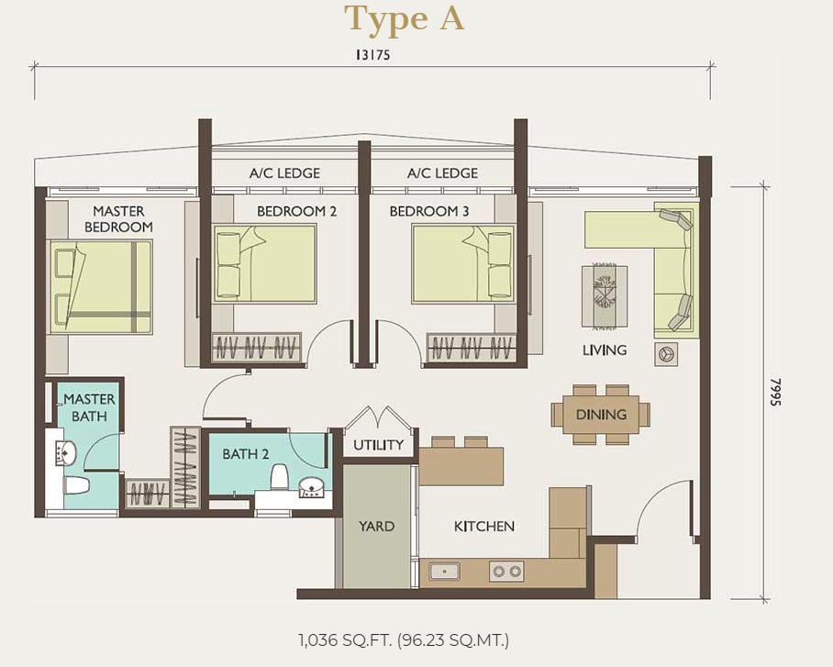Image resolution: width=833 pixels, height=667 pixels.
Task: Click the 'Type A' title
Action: (x=405, y=19)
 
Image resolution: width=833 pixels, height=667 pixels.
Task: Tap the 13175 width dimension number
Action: (x=373, y=55)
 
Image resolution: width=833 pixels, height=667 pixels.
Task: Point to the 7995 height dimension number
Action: (x=776, y=393)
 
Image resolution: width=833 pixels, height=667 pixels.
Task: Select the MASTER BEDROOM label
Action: (x=118, y=219)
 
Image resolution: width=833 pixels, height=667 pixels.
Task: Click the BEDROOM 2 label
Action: (x=296, y=212)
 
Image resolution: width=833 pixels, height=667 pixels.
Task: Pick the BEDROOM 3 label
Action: (x=429, y=212)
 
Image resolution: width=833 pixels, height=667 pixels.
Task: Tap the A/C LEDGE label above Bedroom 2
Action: (x=284, y=173)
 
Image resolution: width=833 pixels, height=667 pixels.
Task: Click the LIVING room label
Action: (x=605, y=350)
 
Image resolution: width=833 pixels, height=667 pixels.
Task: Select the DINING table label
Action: (x=602, y=415)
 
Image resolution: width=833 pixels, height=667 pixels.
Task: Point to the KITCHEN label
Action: (x=484, y=526)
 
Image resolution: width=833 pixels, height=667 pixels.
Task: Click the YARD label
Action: (x=376, y=526)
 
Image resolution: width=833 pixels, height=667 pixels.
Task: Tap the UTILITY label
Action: (x=378, y=445)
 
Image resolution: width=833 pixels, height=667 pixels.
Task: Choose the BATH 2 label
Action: (x=246, y=454)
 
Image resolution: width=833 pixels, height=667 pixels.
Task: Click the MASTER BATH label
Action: (x=89, y=407)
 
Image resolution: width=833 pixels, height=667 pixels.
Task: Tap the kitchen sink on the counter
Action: (x=444, y=572)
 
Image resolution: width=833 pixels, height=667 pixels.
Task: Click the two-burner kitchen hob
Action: (x=506, y=572)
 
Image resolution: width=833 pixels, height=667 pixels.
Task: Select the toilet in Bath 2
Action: (x=280, y=476)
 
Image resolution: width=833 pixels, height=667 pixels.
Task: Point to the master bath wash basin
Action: (x=65, y=453)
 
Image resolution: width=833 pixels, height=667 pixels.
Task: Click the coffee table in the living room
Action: (x=605, y=296)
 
